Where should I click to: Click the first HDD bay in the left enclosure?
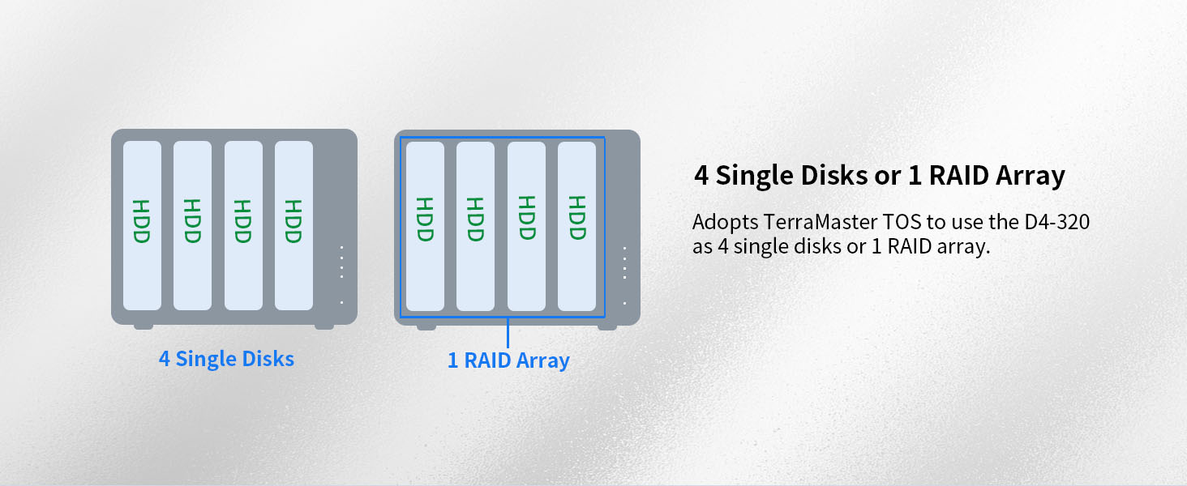(x=142, y=225)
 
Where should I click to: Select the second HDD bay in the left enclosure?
(x=192, y=225)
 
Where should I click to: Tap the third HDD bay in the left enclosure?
(x=243, y=225)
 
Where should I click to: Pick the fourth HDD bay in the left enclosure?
(x=294, y=225)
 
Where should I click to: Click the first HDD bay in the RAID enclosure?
(x=425, y=226)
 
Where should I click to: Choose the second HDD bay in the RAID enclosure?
(x=475, y=226)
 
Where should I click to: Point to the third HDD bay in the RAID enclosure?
(x=526, y=226)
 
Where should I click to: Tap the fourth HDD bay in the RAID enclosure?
(x=576, y=226)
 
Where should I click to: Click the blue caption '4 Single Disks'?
(x=226, y=359)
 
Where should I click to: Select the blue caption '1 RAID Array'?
(x=508, y=360)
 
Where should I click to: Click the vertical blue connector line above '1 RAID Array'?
(x=508, y=333)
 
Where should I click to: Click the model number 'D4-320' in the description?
(x=1056, y=222)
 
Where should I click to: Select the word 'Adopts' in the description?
(x=726, y=223)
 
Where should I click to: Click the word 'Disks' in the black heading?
(x=834, y=175)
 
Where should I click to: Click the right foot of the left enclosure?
(x=324, y=326)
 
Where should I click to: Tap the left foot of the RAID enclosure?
(x=426, y=327)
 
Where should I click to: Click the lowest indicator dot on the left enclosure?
(x=342, y=302)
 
